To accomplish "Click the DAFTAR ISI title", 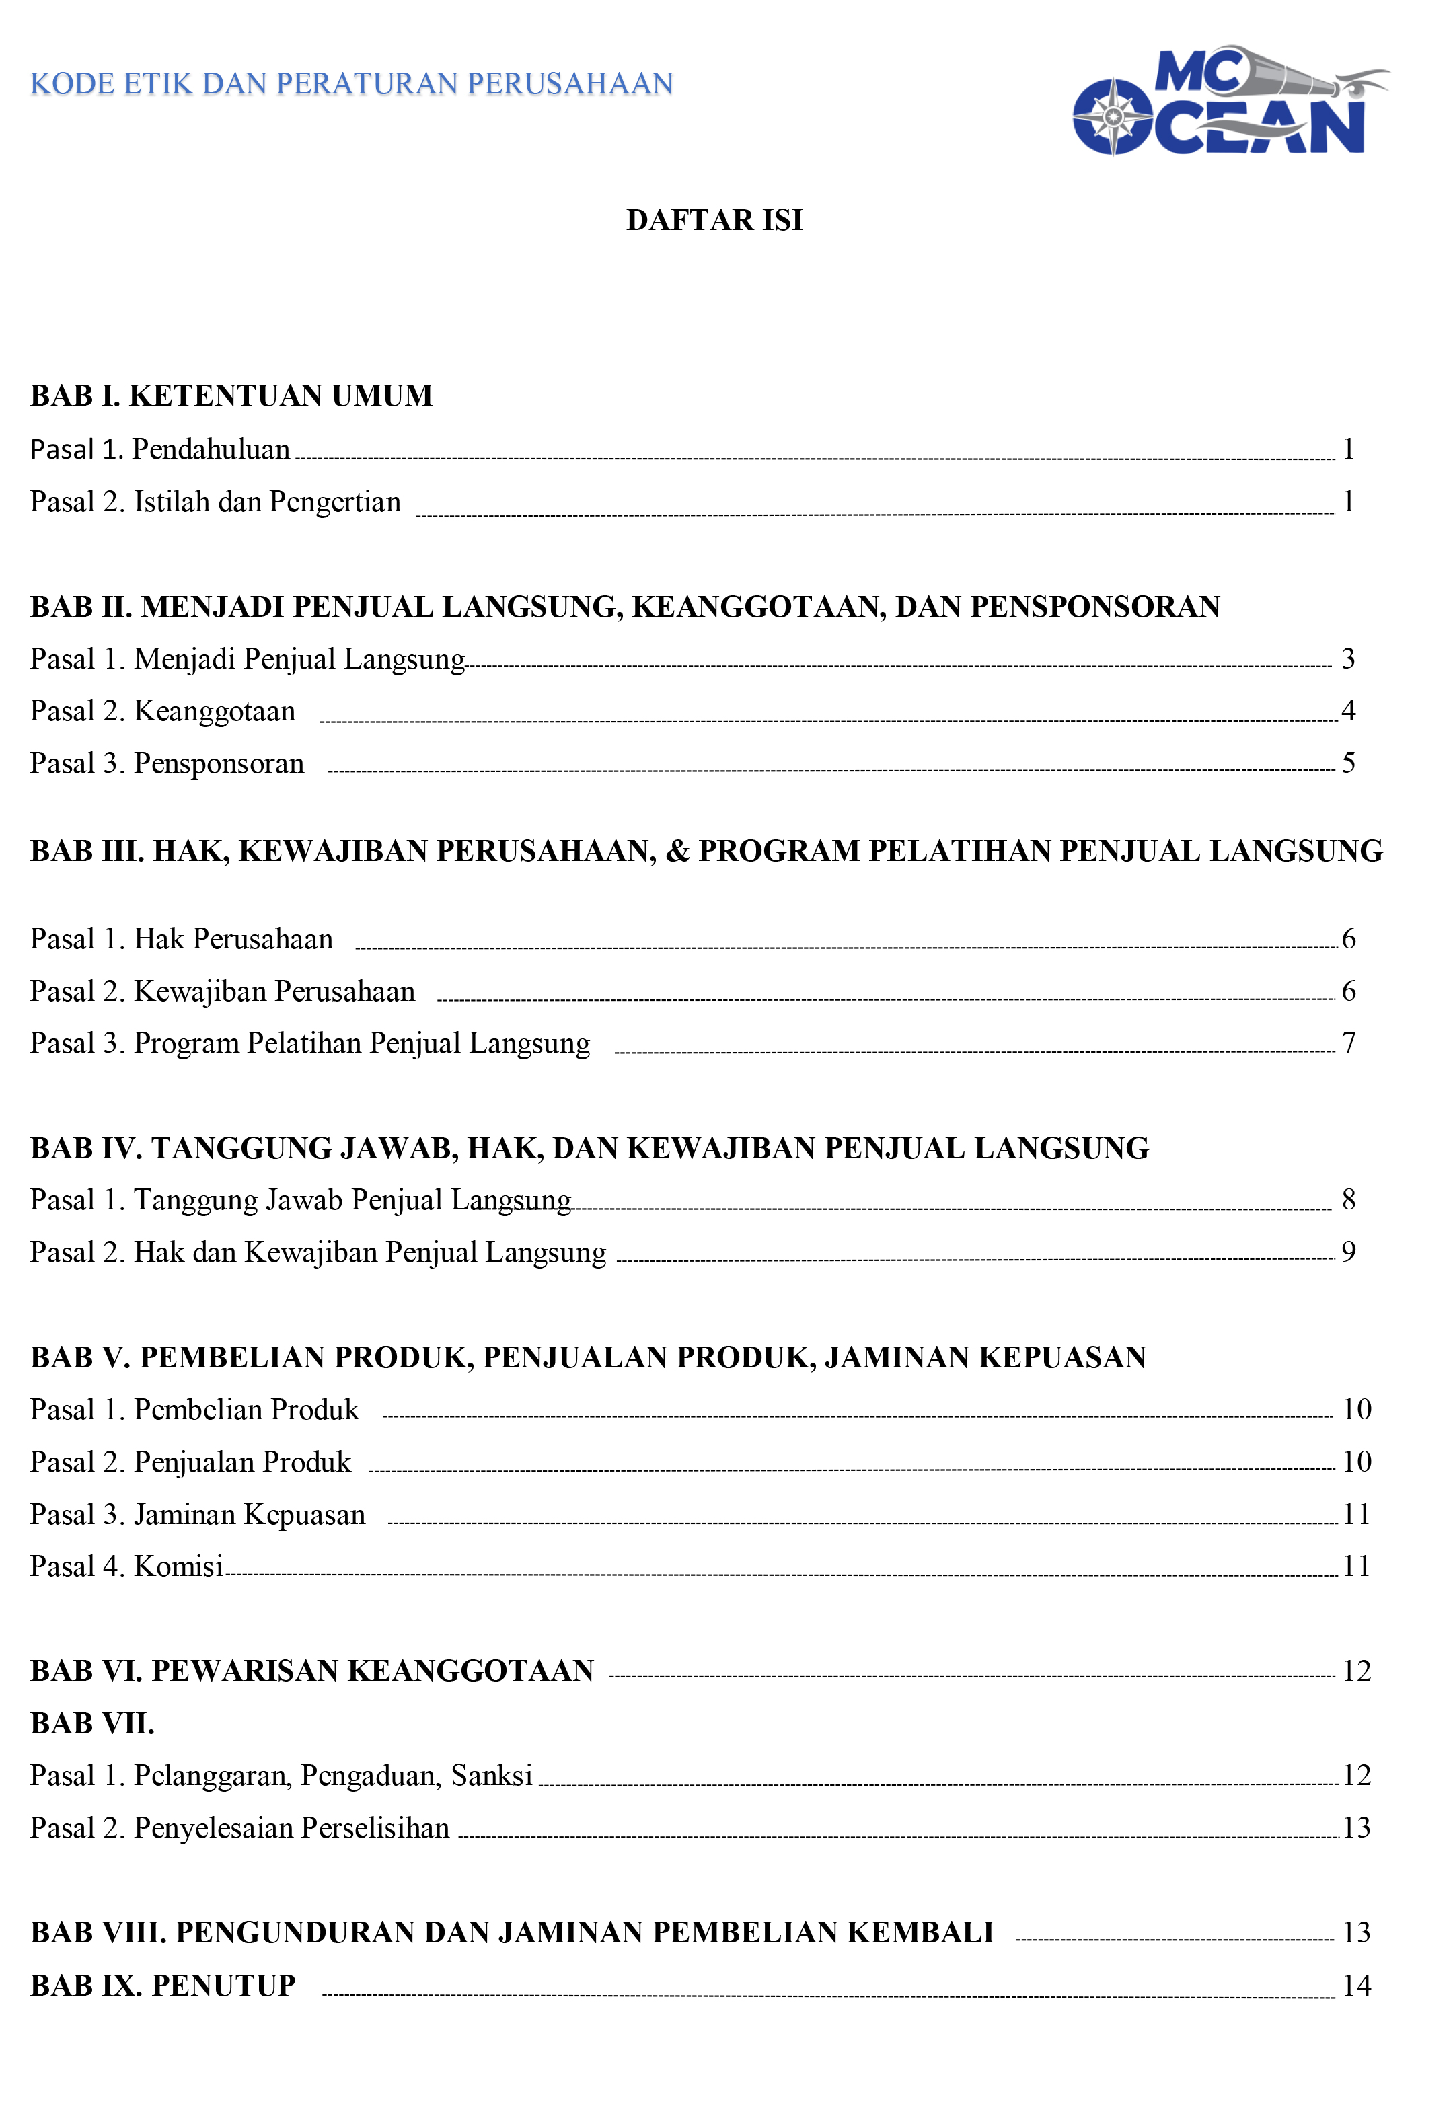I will click(x=714, y=221).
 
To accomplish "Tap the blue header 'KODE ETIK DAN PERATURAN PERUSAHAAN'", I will click(x=351, y=84).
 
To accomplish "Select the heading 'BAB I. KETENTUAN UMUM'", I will click(x=231, y=396).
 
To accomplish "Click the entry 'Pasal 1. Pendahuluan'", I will click(x=160, y=449).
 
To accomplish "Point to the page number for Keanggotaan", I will click(x=1348, y=710).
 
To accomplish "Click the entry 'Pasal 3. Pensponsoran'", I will click(x=167, y=763).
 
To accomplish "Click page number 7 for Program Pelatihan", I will click(x=1348, y=1043).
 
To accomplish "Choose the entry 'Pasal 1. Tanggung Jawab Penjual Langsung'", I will click(x=301, y=1200).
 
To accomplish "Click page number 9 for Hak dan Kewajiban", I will click(x=1348, y=1252).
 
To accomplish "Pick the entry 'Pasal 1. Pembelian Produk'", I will click(x=195, y=1410).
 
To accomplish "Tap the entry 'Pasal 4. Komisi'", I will click(x=126, y=1566).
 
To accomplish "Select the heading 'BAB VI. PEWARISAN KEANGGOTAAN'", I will click(x=311, y=1671).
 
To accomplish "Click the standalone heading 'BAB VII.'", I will click(x=92, y=1724).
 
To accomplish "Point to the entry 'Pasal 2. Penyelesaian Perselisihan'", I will click(x=239, y=1828).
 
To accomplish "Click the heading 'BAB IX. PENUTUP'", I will click(x=163, y=1986).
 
